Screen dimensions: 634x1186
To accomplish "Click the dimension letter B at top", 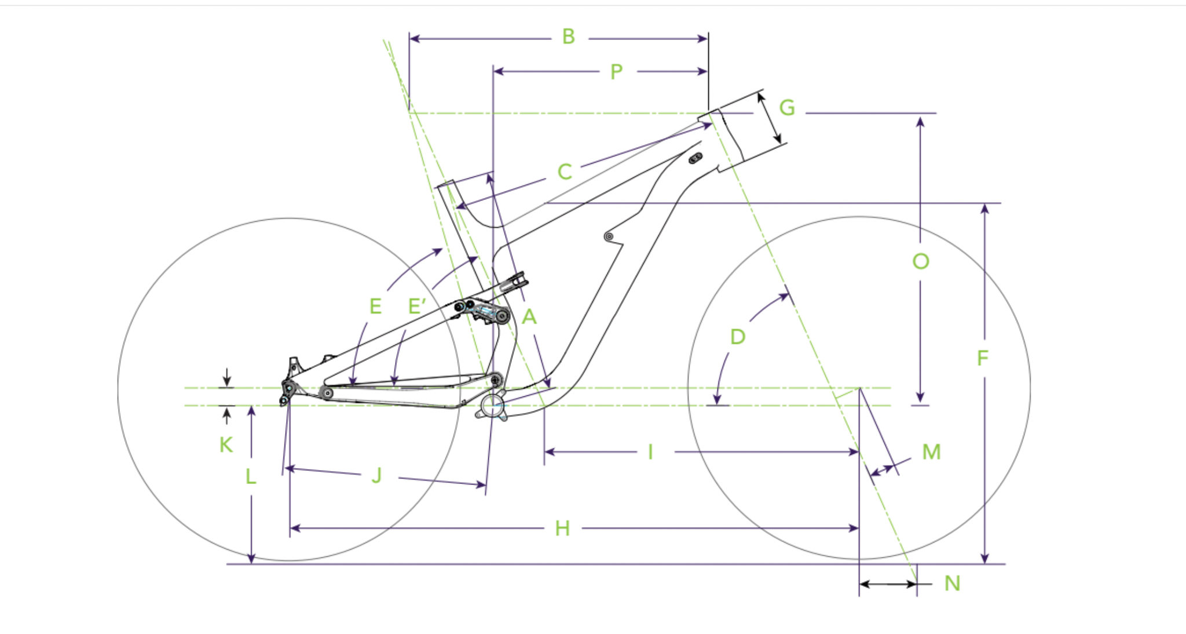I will tap(569, 37).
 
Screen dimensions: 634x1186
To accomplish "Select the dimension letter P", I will tap(616, 72).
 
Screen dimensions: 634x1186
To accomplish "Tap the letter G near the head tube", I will tap(787, 108).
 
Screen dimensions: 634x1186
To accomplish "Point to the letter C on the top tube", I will tap(565, 172).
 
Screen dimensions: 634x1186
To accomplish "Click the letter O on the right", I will tap(921, 261).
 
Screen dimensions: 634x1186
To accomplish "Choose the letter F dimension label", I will tap(982, 358).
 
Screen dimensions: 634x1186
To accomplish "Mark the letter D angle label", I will tap(737, 337).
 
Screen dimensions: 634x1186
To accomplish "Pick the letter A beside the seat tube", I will tap(529, 317).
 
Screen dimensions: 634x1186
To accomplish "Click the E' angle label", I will tap(417, 306).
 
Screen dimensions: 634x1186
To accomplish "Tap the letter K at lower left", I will tap(226, 445).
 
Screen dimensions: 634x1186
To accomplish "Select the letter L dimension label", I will tap(250, 476).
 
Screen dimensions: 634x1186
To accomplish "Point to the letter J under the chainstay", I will tap(377, 476).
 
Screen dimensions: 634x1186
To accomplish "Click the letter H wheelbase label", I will tap(562, 529).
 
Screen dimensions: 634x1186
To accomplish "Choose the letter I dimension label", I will tap(650, 452).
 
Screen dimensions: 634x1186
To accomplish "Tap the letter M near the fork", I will tap(931, 452).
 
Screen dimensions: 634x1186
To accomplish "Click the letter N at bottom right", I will tap(952, 583).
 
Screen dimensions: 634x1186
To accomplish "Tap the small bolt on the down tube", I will tap(609, 236).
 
